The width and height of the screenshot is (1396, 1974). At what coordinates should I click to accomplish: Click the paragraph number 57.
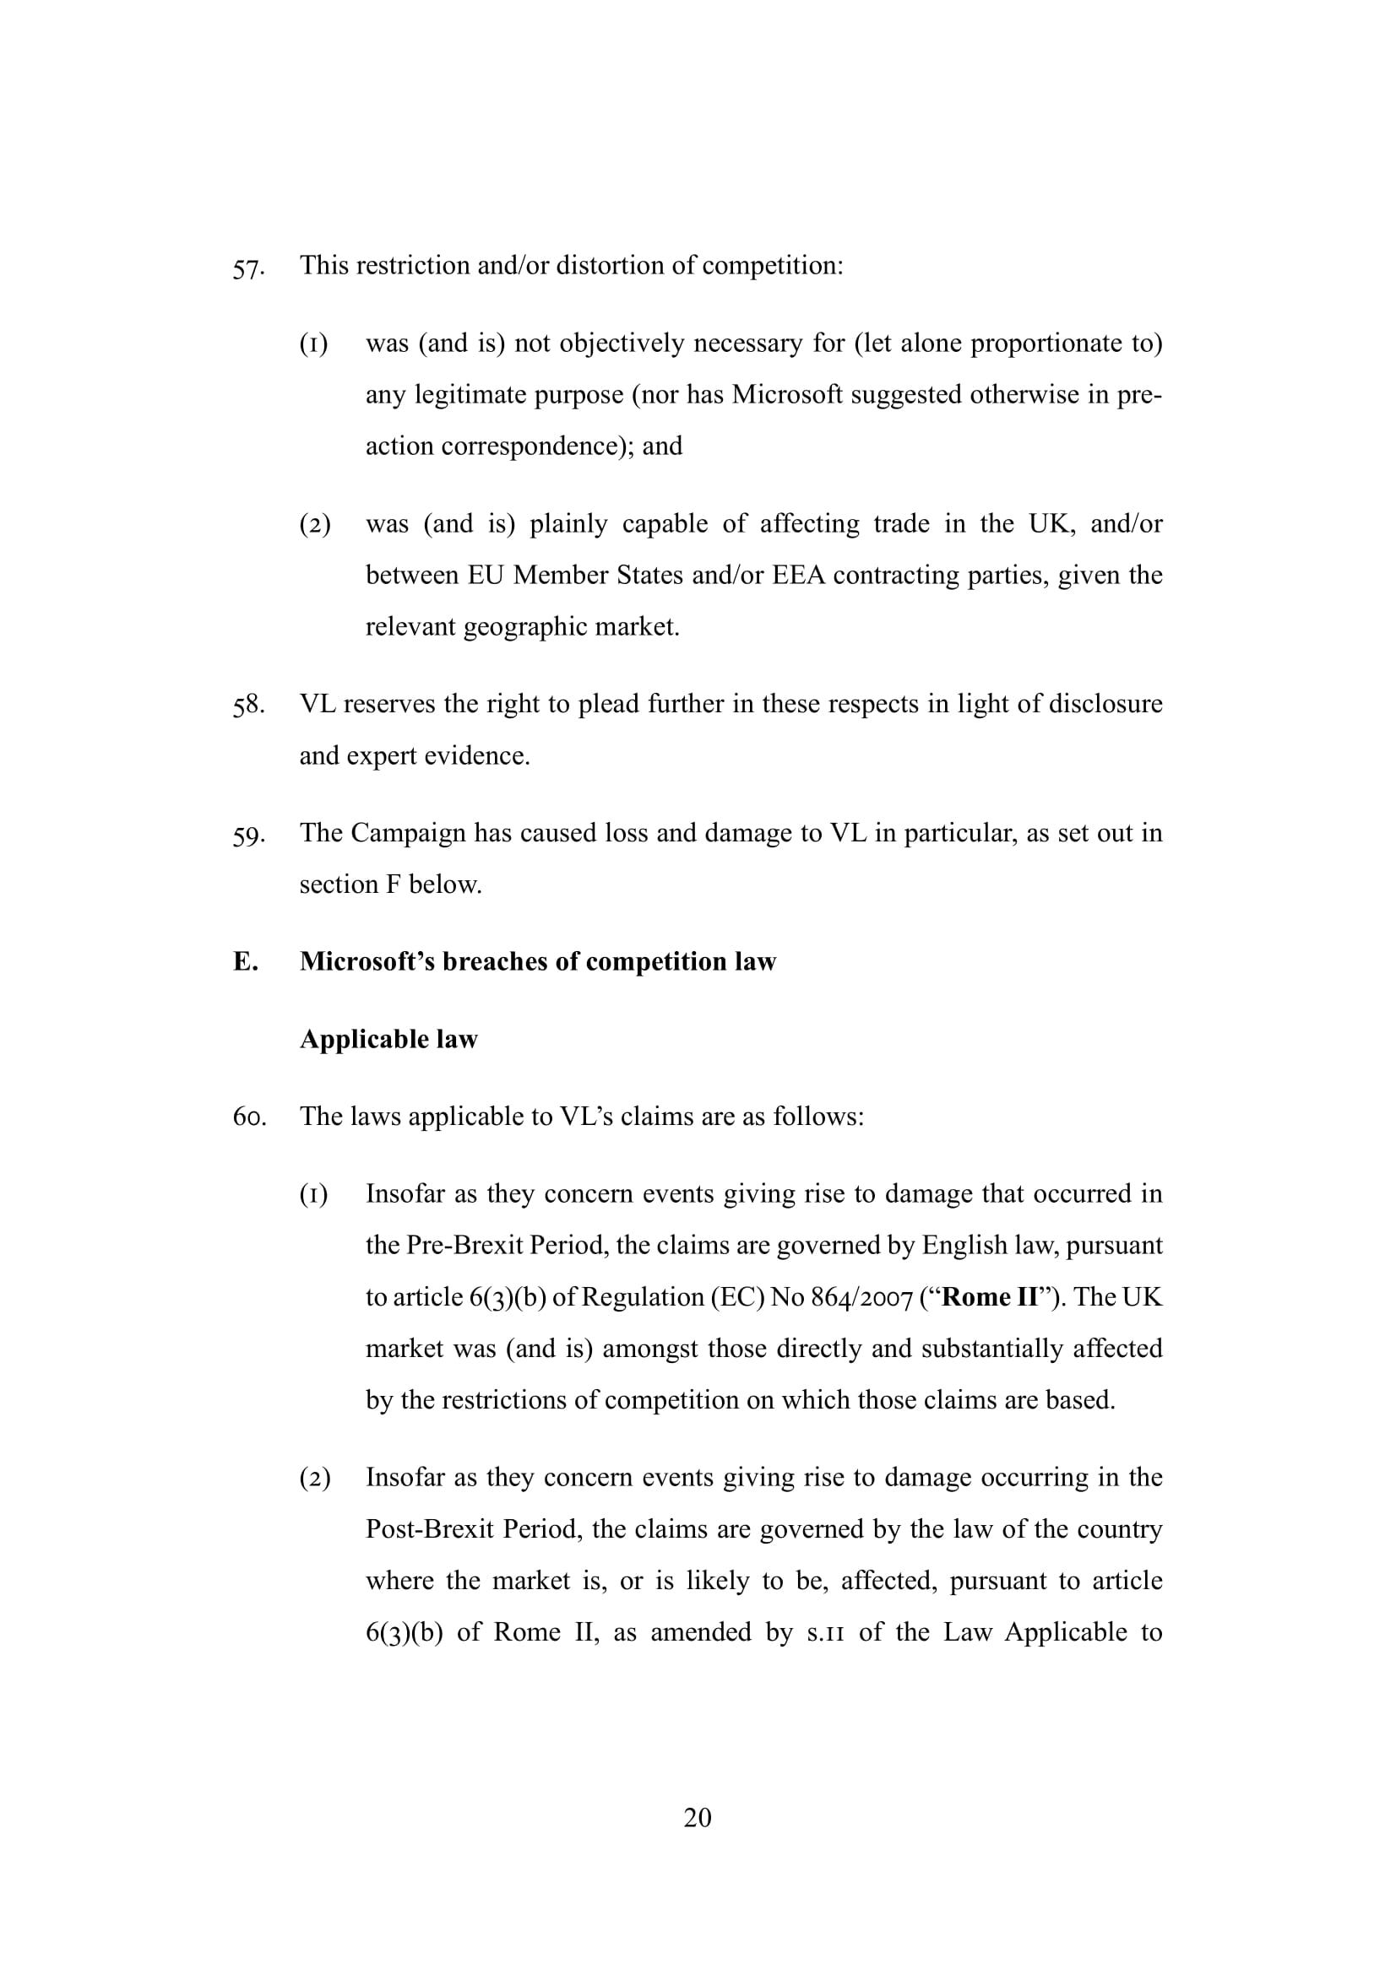[247, 268]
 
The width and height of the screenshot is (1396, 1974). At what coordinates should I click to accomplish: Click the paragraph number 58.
[247, 706]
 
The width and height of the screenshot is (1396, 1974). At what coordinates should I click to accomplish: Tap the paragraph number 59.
[247, 835]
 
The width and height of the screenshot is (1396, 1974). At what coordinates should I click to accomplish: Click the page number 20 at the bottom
[698, 1817]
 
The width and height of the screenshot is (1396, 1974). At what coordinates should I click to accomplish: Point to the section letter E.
[245, 962]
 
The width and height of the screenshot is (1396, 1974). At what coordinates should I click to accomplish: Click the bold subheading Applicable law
[388, 1040]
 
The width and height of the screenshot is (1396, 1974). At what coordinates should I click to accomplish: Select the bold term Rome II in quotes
[990, 1296]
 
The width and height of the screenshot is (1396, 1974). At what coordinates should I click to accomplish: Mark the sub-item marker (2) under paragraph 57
[315, 524]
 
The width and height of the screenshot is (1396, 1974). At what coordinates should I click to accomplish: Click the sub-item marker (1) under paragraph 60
[314, 1194]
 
